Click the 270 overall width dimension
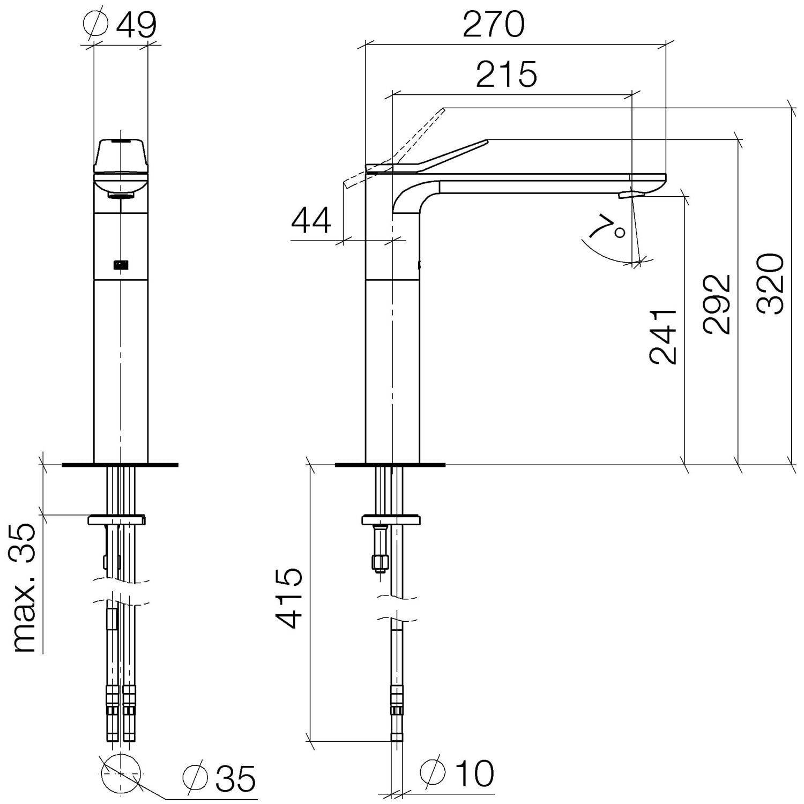[493, 24]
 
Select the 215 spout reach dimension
[506, 74]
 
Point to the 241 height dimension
[663, 336]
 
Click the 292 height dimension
[718, 304]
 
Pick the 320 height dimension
[771, 283]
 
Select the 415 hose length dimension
[289, 598]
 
